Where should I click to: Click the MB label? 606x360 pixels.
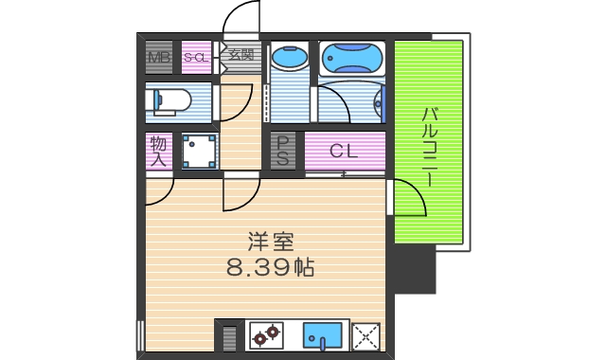(x=158, y=57)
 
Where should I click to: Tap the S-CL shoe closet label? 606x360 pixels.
(x=195, y=57)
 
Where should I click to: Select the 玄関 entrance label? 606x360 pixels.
(x=239, y=54)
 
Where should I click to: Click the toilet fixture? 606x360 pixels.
(x=170, y=99)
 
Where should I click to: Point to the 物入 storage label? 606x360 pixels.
(x=157, y=152)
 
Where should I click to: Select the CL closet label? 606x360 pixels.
(x=343, y=151)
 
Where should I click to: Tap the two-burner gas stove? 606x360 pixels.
(x=266, y=335)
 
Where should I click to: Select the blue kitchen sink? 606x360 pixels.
(x=323, y=335)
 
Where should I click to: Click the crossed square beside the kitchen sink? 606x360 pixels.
(x=365, y=336)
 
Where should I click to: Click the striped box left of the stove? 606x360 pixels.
(x=230, y=336)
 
